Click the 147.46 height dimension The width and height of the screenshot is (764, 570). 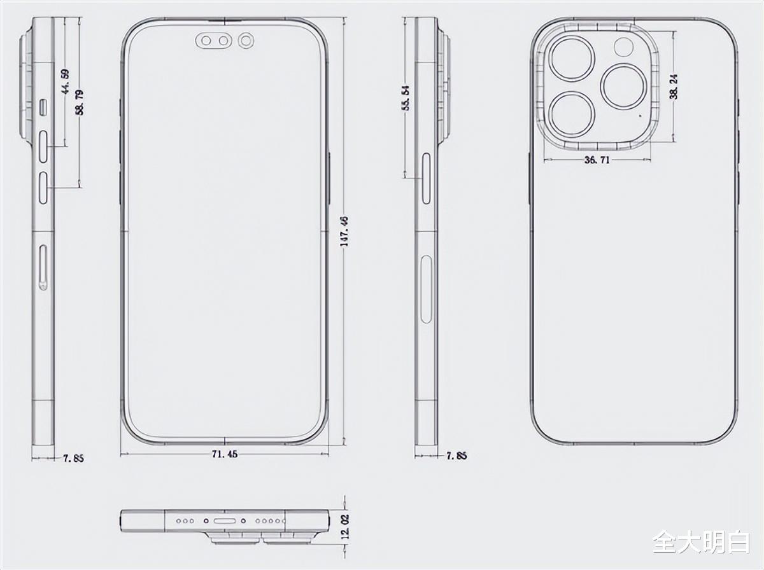coord(344,231)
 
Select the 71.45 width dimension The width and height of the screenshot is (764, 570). coord(225,454)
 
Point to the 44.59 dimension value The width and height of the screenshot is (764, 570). coord(65,82)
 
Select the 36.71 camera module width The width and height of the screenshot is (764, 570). coord(597,160)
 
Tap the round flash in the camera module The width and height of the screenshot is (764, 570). coord(622,48)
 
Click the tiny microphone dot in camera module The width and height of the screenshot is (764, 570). coord(640,116)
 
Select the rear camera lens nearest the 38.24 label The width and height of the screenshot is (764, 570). coord(624,87)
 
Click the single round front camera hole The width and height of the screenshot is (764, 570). coord(246,42)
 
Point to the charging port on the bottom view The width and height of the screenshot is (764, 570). coord(226,520)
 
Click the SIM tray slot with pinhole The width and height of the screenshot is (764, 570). coord(43,267)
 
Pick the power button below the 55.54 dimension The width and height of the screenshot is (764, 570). coord(426,178)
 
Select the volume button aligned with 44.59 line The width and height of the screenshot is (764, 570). coord(44,148)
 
